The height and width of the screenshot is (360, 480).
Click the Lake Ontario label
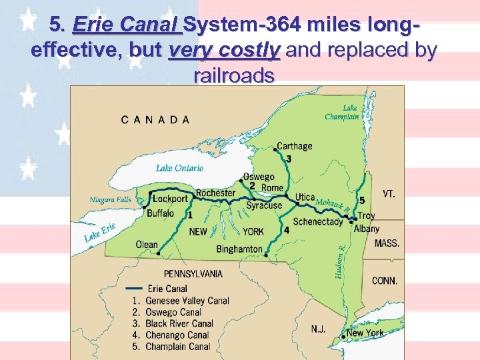pyautogui.click(x=180, y=168)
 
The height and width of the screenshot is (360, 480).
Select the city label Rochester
pyautogui.click(x=215, y=193)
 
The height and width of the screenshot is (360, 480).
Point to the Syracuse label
pyautogui.click(x=264, y=206)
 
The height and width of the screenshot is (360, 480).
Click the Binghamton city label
pyautogui.click(x=239, y=249)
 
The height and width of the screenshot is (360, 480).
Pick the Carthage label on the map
pyautogui.click(x=294, y=147)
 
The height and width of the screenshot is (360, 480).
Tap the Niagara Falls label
pyautogui.click(x=111, y=199)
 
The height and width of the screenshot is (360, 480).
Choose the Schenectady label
pyautogui.click(x=318, y=222)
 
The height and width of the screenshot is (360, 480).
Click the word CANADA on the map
pyautogui.click(x=155, y=120)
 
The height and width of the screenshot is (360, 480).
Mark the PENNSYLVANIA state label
pyautogui.click(x=194, y=274)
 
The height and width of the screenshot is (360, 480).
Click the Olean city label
pyautogui.click(x=147, y=245)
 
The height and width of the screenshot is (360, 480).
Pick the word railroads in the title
pyautogui.click(x=233, y=75)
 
